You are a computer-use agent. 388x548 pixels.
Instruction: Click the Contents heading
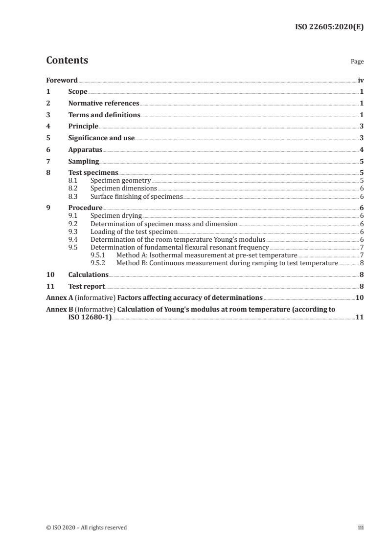(67, 61)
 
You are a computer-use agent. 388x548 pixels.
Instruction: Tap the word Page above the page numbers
(357, 62)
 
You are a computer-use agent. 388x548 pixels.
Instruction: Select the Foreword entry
(62, 80)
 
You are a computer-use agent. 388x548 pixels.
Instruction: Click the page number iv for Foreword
(361, 80)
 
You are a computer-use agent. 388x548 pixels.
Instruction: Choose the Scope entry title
(78, 92)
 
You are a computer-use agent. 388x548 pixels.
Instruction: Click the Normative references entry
(104, 104)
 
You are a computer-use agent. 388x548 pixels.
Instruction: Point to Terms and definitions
(104, 115)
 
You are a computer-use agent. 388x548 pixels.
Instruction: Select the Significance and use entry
(101, 138)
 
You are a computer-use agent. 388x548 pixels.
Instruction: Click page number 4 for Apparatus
(361, 150)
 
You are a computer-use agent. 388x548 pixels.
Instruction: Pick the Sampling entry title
(84, 162)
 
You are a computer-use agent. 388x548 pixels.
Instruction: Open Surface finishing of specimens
(137, 197)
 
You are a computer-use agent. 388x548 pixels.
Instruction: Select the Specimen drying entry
(115, 215)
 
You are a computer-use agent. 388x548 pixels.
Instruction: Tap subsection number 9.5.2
(99, 263)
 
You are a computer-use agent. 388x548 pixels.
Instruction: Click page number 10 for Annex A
(360, 297)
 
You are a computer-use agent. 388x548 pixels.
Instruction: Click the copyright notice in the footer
(86, 527)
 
